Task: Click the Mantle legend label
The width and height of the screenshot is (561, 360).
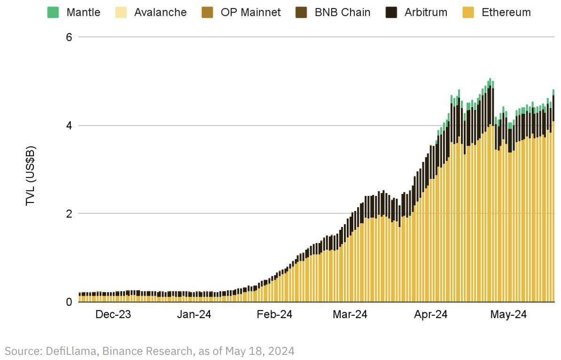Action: click(x=83, y=12)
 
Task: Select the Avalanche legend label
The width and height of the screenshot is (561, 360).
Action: click(x=160, y=12)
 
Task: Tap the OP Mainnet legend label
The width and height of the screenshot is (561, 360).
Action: click(x=250, y=12)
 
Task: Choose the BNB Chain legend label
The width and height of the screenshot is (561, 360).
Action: click(x=342, y=12)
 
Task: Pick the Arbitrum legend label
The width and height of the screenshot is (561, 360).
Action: click(x=426, y=12)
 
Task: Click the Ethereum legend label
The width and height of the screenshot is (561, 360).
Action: click(x=506, y=12)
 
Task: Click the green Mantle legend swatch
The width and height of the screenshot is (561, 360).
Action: click(x=53, y=12)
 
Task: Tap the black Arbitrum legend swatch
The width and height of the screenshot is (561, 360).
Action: click(x=391, y=12)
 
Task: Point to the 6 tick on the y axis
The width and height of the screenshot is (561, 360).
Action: click(x=69, y=37)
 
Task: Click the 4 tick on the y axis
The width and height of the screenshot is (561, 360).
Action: click(x=69, y=125)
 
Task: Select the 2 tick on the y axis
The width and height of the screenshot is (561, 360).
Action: click(x=69, y=213)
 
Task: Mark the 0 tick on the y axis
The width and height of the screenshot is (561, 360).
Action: click(x=69, y=302)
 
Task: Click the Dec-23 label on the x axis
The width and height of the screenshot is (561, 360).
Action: click(x=113, y=315)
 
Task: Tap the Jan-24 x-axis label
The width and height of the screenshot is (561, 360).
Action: click(x=194, y=315)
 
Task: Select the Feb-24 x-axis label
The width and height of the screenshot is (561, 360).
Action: click(x=274, y=315)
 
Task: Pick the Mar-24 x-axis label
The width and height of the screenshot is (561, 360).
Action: click(x=351, y=315)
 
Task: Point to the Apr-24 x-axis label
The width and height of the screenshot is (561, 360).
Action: click(x=431, y=315)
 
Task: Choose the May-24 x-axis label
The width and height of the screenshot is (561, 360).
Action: click(x=508, y=315)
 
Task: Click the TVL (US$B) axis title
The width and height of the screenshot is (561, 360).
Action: click(x=31, y=176)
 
